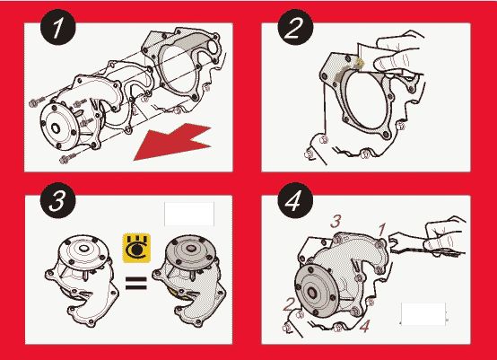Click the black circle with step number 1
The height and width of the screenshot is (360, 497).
pos(58,27)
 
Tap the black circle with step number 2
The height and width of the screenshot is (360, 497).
pos(295,27)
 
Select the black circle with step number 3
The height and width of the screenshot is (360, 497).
pos(58,200)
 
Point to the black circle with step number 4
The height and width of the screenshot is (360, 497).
pos(295,200)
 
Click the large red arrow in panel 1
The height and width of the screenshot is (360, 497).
pos(173,142)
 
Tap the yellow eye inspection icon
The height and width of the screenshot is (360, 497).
pos(136,249)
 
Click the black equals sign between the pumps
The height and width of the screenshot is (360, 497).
pos(136,284)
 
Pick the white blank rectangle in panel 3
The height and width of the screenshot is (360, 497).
pos(189,214)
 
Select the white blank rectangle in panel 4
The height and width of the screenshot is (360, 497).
pos(423,314)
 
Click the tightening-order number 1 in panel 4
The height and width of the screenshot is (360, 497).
pos(382,230)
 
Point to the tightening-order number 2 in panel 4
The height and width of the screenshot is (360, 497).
pos(289,304)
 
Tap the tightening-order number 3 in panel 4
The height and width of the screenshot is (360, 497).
pos(336,221)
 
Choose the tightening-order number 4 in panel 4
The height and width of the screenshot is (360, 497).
pos(364,326)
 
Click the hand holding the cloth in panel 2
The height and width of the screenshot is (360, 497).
pos(397,54)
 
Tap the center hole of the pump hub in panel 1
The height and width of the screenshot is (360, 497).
pos(56,128)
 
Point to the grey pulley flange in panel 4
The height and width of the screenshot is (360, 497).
pos(317,290)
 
